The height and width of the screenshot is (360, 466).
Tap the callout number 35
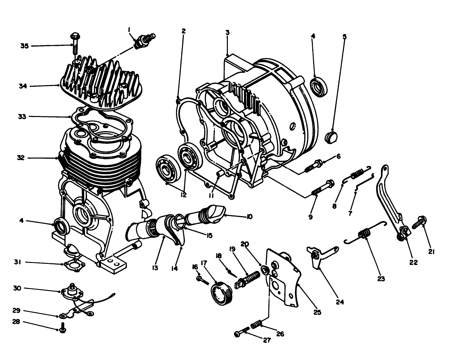coord(24,46)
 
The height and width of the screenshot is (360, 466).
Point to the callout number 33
coord(22,117)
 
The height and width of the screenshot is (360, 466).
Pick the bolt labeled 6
coord(312,165)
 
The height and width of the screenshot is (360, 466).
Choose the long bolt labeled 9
coord(321,188)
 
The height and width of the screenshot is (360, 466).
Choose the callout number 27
coord(267,340)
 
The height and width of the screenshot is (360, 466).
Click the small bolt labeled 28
coord(62,328)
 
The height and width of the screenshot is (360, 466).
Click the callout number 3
coord(227,32)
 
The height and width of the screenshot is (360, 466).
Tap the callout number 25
coord(317,312)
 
